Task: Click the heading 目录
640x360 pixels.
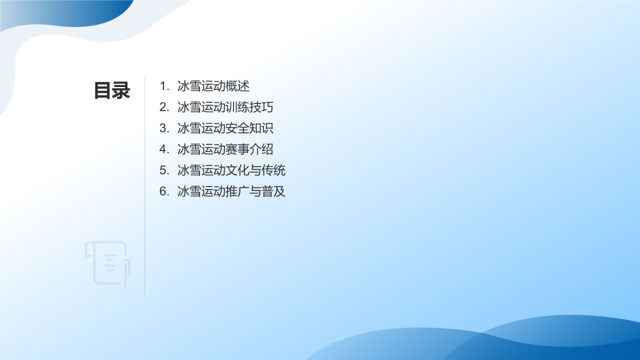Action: (112, 90)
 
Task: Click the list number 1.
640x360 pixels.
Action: (163, 86)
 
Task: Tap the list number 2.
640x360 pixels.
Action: (163, 107)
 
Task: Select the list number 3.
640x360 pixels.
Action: (163, 128)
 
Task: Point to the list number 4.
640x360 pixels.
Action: (163, 149)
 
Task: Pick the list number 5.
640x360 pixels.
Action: (163, 170)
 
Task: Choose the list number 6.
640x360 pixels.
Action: (163, 191)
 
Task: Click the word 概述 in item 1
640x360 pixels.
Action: (237, 86)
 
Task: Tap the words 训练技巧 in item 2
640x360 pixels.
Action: (249, 107)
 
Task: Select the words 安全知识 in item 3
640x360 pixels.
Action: (249, 128)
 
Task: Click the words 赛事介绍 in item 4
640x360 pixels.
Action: (249, 149)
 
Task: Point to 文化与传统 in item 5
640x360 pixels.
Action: (255, 170)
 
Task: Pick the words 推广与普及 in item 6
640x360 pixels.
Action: (255, 191)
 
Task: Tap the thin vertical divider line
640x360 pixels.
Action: (145, 200)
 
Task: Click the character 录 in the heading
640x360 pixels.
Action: (121, 90)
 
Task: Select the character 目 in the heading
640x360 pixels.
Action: (102, 90)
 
